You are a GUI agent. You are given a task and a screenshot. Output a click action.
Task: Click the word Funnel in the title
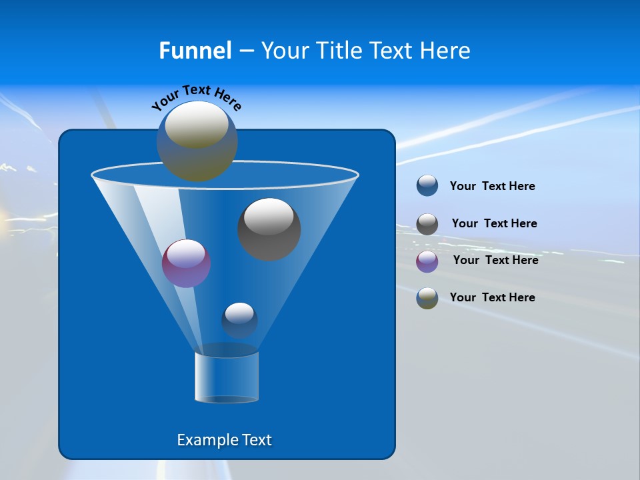pyautogui.click(x=195, y=51)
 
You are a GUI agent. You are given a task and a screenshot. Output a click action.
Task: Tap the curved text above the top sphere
pyautogui.click(x=196, y=97)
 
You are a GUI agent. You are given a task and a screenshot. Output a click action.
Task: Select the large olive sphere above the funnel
pyautogui.click(x=197, y=141)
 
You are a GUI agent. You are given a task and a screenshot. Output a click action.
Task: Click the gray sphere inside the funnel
pyautogui.click(x=269, y=229)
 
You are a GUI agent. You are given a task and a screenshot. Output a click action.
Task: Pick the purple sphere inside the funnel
pyautogui.click(x=186, y=263)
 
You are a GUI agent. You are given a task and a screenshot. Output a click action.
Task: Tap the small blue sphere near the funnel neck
pyautogui.click(x=239, y=320)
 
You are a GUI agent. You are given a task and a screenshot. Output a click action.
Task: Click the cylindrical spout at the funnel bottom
pyautogui.click(x=227, y=377)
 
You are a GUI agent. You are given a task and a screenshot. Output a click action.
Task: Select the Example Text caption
pyautogui.click(x=225, y=440)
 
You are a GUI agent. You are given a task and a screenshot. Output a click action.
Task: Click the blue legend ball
pyautogui.click(x=427, y=186)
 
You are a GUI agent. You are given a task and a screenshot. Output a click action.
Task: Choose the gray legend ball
pyautogui.click(x=427, y=223)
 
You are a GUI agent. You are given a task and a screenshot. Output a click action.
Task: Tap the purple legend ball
pyautogui.click(x=427, y=261)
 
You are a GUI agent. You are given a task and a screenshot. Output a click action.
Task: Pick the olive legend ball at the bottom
pyautogui.click(x=427, y=298)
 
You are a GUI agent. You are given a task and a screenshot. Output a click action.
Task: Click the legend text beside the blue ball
pyautogui.click(x=492, y=187)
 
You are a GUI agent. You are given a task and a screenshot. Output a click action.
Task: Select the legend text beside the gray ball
pyautogui.click(x=494, y=224)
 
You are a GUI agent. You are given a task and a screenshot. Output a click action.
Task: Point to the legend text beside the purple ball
pyautogui.click(x=495, y=261)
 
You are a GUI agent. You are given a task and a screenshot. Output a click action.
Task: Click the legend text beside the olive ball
pyautogui.click(x=492, y=297)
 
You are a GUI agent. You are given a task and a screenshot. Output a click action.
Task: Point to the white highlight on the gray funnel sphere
pyautogui.click(x=269, y=217)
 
